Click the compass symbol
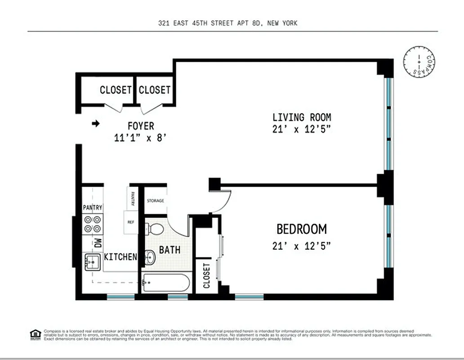point(419,61)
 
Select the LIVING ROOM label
point(302,117)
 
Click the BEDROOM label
point(301,229)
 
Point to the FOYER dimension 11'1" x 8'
point(140,138)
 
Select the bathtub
point(165,283)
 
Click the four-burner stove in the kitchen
point(93,224)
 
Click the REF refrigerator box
point(131,221)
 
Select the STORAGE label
point(156,201)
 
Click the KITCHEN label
point(120,257)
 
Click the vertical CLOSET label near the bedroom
point(206,275)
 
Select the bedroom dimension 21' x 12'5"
point(301,246)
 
